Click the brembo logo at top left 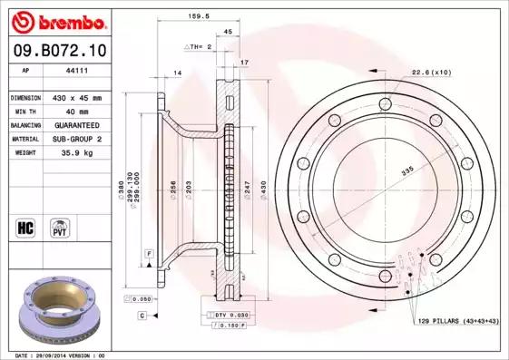(x=61, y=20)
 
